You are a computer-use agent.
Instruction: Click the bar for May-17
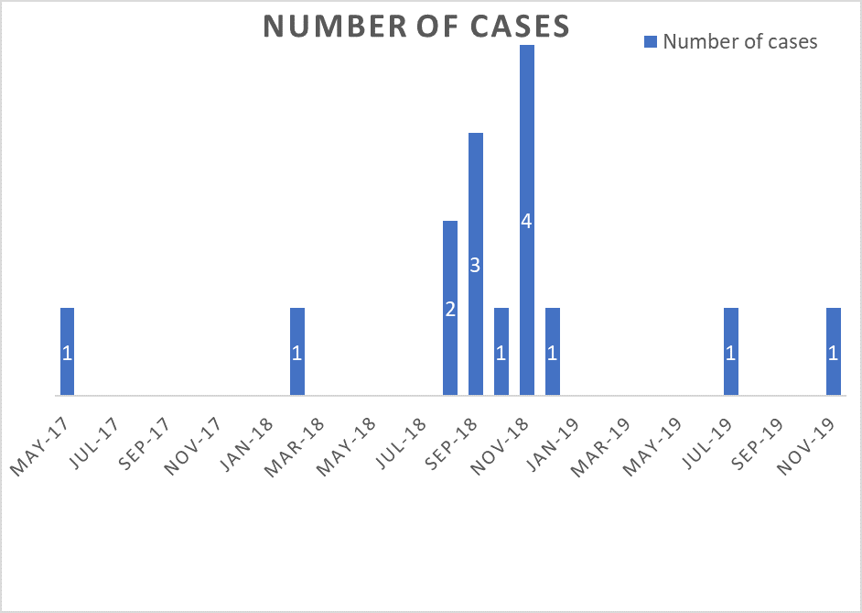click(67, 352)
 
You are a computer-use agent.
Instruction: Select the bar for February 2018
click(297, 352)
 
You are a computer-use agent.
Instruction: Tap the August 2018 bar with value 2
click(450, 308)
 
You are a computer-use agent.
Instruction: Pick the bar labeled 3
click(476, 264)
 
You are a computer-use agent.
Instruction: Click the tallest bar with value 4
click(527, 220)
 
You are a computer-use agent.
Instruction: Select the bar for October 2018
click(501, 352)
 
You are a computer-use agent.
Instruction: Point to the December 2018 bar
click(553, 352)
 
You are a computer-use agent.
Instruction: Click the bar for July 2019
click(731, 352)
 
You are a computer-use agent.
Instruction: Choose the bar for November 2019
click(834, 352)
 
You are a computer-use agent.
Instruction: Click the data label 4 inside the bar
click(527, 221)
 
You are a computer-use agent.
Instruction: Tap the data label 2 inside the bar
click(450, 310)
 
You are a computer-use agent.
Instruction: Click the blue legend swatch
click(651, 42)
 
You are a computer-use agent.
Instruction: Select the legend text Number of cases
click(740, 42)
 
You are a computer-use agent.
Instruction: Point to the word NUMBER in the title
click(336, 26)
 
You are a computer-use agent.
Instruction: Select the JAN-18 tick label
click(246, 444)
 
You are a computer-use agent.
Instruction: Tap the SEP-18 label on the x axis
click(451, 444)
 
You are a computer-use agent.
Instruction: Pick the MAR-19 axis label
click(600, 446)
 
